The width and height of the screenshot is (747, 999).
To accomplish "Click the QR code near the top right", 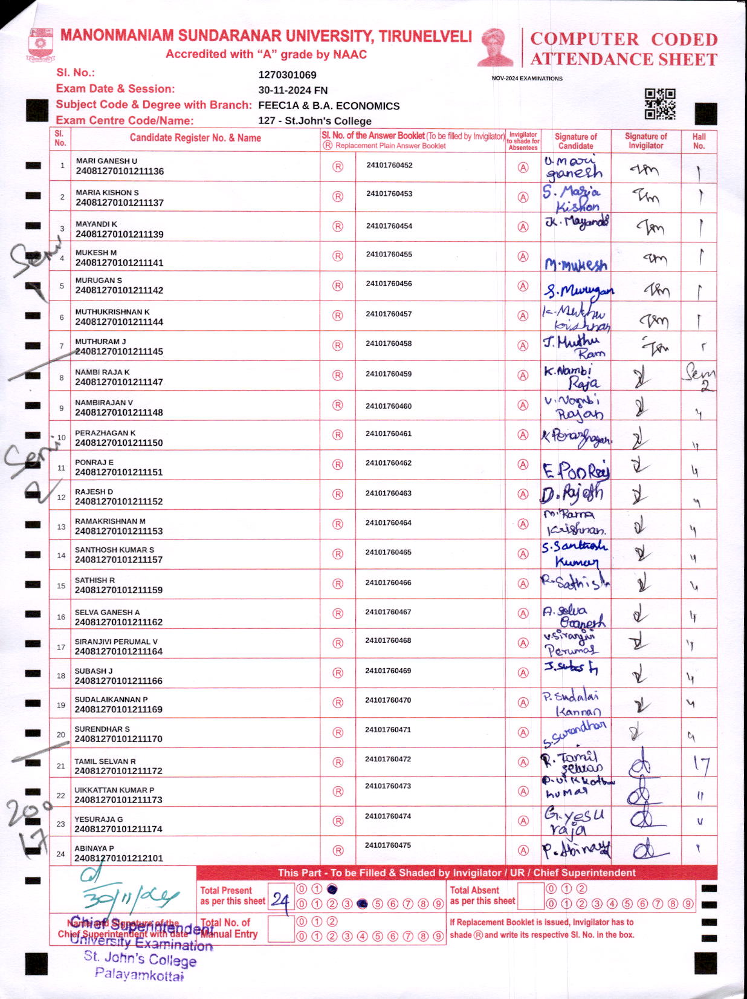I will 659,103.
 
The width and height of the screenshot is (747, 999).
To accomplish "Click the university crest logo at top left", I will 40,45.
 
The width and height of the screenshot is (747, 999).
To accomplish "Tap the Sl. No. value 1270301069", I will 287,75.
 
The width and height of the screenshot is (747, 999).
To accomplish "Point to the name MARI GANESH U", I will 106,161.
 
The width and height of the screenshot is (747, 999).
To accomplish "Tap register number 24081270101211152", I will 119,501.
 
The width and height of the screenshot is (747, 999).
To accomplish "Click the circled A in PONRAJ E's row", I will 523,464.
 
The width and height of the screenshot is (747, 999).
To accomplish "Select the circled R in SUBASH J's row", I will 338,672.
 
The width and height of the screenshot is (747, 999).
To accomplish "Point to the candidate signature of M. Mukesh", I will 575,264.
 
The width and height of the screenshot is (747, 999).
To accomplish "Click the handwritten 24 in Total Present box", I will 280,900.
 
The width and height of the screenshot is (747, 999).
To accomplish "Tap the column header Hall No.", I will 699,141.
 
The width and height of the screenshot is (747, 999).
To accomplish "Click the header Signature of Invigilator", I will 645,141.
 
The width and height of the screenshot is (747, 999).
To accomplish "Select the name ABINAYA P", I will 94,848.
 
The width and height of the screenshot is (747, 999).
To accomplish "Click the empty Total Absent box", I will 531,896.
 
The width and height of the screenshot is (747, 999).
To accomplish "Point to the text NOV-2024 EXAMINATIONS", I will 526,79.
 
